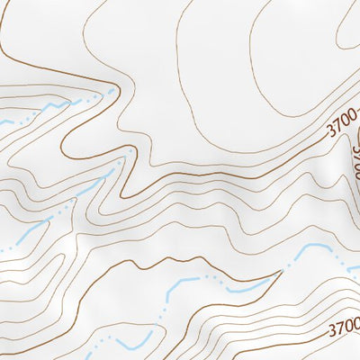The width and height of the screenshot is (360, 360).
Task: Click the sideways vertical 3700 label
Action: [354, 161]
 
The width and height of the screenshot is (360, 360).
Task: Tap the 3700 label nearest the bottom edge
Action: [343, 322]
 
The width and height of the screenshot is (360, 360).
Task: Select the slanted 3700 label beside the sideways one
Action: [341, 130]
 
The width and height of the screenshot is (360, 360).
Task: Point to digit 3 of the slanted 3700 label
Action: [329, 136]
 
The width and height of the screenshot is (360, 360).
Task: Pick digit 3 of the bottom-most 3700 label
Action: [330, 327]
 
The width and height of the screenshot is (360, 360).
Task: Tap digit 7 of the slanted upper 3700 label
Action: [337, 132]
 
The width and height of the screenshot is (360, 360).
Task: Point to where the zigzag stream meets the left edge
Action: [2, 122]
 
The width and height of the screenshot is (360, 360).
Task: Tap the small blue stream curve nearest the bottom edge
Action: [131, 345]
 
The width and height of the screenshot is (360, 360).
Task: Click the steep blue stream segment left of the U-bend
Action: [168, 292]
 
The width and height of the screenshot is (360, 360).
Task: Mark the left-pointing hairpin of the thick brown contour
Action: [66, 144]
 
